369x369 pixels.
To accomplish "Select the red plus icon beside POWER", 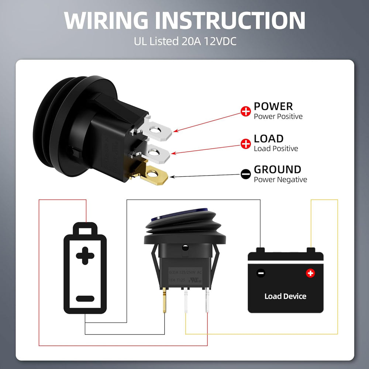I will (x=245, y=111).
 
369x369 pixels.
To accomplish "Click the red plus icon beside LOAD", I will (x=245, y=144).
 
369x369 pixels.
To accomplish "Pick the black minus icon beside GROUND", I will (x=245, y=175).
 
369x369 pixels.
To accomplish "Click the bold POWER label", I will (x=273, y=107).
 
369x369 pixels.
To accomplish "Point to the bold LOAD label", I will (x=269, y=139).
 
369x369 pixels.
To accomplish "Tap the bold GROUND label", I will (x=277, y=170).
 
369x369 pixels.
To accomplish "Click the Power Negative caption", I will (x=280, y=180).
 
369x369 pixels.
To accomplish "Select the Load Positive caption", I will (x=276, y=149).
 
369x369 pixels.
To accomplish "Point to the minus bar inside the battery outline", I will (x=85, y=299).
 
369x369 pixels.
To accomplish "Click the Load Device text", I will (x=285, y=296).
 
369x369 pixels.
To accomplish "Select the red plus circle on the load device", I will (x=310, y=273).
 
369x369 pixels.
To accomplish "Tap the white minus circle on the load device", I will (x=261, y=273).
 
